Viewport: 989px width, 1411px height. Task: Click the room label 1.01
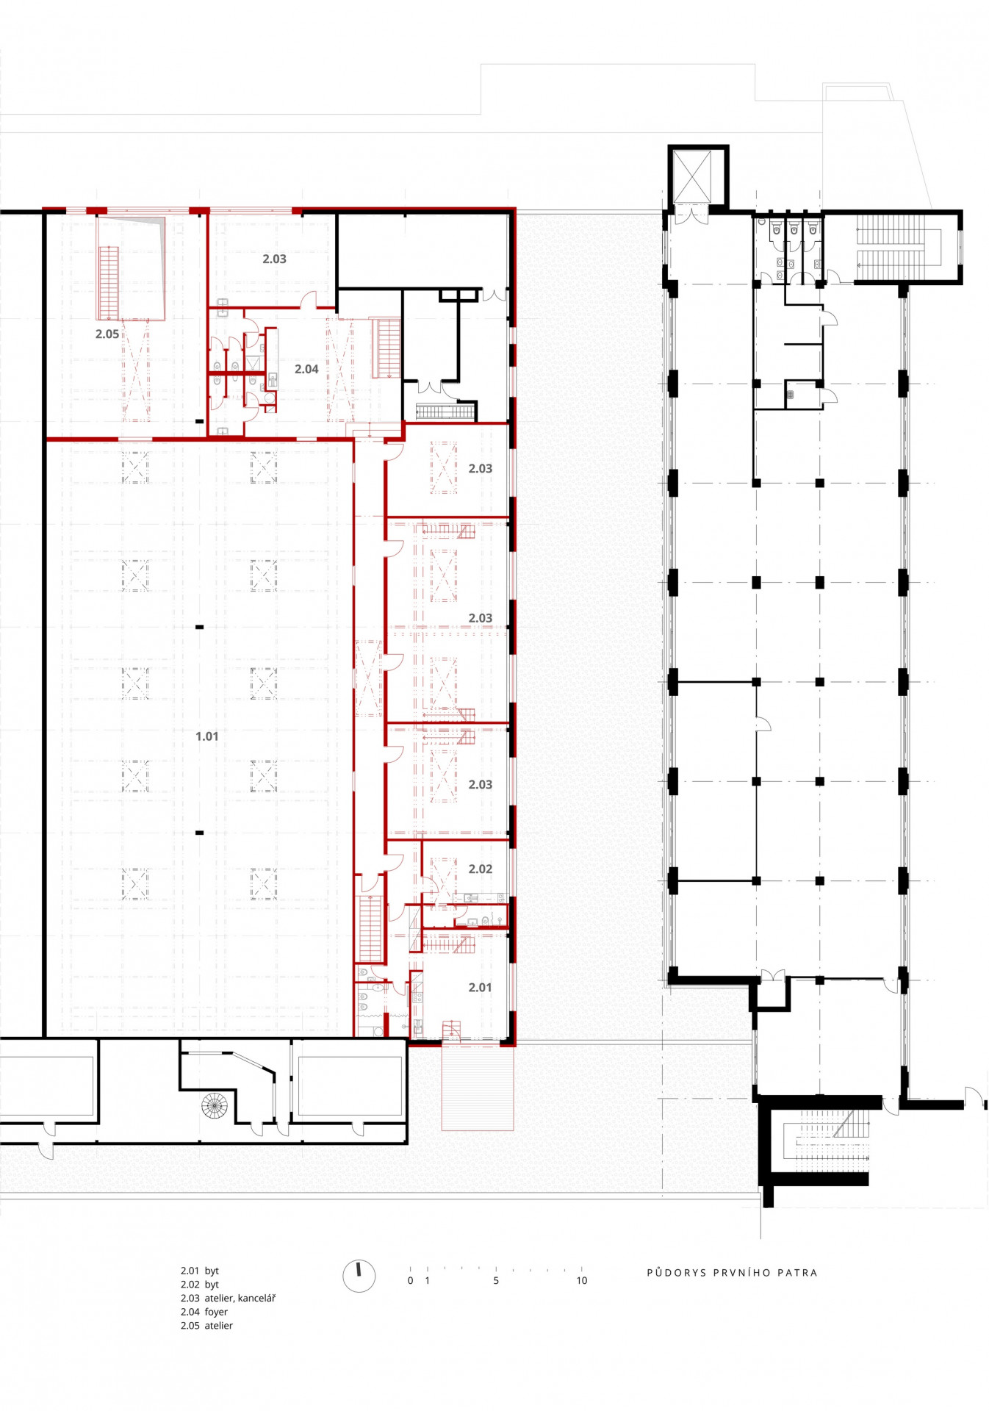[x=206, y=736]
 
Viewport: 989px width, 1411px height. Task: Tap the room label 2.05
[x=107, y=334]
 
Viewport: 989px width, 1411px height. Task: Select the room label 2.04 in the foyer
[x=306, y=369]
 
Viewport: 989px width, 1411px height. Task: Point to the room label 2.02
[x=481, y=869]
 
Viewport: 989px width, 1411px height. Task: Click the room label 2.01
[x=480, y=987]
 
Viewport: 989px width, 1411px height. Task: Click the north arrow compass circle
[x=359, y=1276]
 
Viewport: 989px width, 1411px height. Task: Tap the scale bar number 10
[x=582, y=1280]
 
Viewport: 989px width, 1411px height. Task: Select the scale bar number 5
[x=496, y=1280]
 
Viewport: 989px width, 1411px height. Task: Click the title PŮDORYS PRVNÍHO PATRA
[x=732, y=1272]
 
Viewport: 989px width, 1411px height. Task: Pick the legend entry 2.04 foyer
[x=204, y=1311]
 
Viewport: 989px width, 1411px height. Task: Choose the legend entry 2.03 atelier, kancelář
[x=228, y=1298]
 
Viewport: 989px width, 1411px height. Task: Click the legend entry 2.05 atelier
[x=206, y=1325]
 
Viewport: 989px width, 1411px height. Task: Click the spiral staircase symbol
[x=215, y=1105]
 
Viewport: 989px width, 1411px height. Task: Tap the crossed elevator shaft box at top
[x=692, y=176]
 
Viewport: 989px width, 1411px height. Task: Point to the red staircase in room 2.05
[x=109, y=282]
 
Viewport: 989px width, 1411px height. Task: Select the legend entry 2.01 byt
[x=200, y=1270]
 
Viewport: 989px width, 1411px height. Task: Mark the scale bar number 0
[x=410, y=1280]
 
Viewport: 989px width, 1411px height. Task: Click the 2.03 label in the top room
[x=274, y=259]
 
